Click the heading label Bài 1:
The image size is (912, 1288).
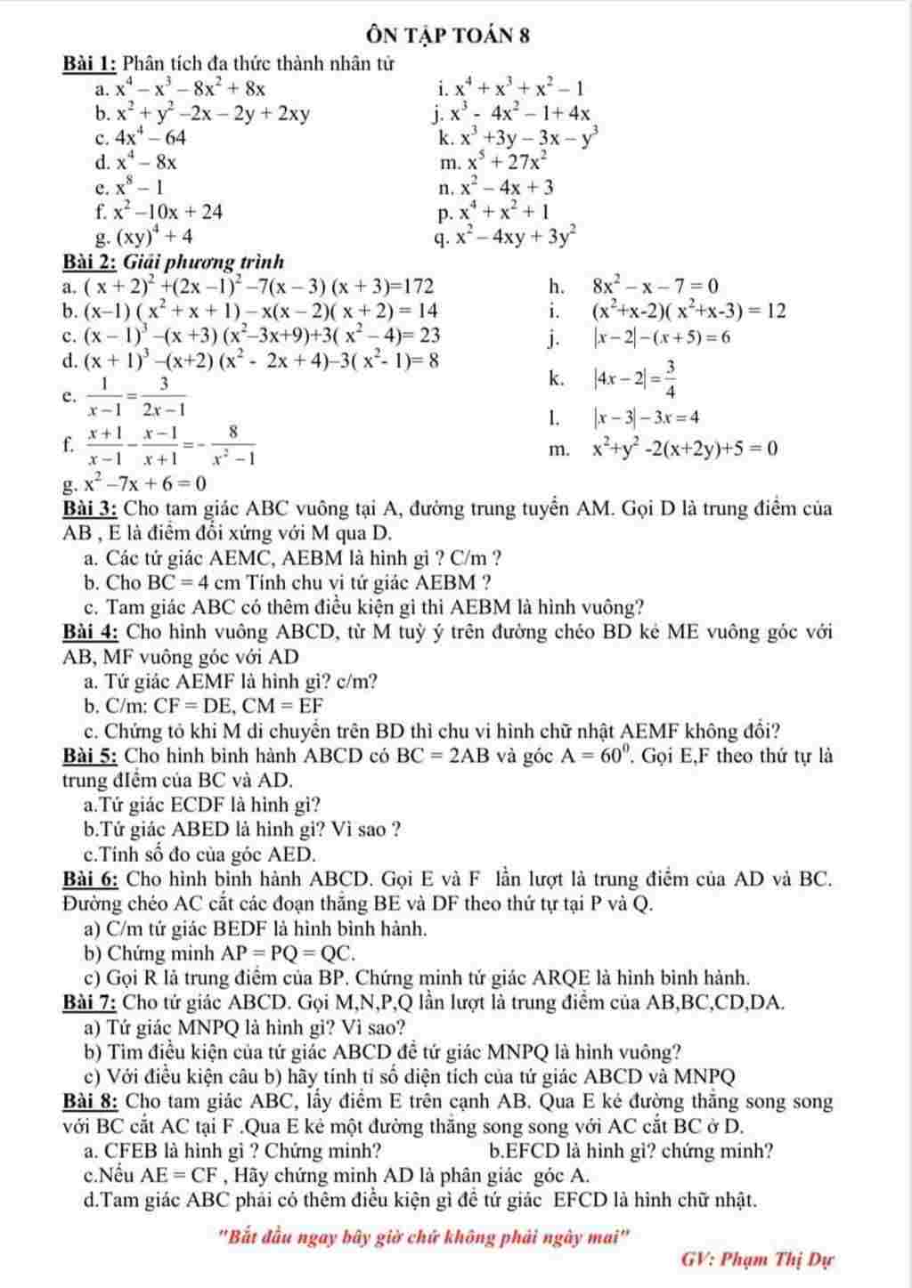click(90, 64)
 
